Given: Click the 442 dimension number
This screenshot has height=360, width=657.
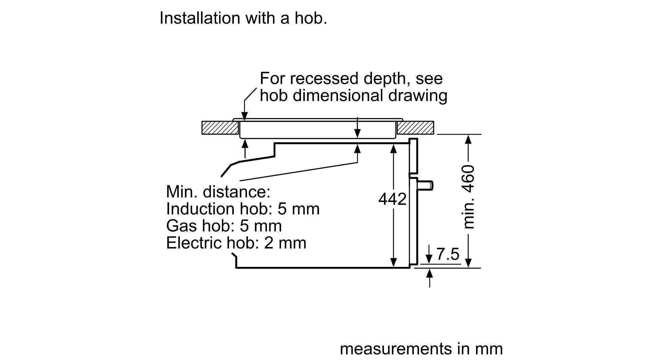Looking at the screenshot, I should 392,199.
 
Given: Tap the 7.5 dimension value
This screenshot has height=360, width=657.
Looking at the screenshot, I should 448,255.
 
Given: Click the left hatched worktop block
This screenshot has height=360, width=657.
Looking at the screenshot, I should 220,128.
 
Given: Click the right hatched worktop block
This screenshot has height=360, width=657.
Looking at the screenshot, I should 415,128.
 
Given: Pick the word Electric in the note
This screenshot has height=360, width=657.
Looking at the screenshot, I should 194,243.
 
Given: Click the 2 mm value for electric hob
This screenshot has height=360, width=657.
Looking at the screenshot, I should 285,243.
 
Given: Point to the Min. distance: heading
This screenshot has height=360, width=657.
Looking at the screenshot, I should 218,192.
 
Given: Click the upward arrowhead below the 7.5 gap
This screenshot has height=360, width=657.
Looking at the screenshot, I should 429,273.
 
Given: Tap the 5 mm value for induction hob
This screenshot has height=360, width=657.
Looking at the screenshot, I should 298,209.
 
